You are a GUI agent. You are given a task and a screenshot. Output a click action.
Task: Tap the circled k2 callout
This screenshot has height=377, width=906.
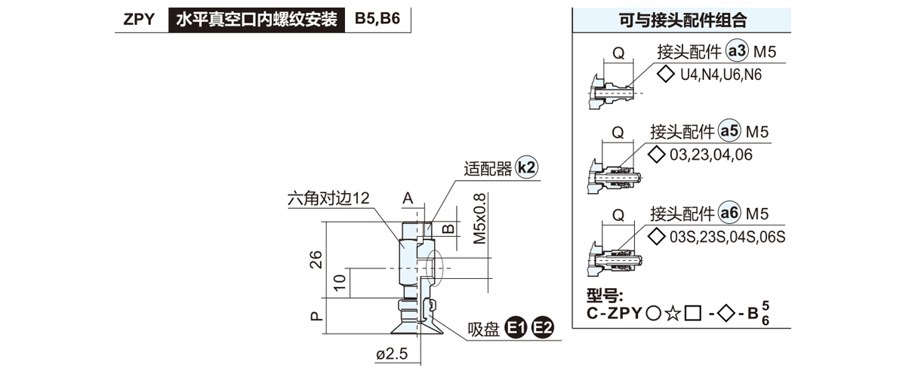528,167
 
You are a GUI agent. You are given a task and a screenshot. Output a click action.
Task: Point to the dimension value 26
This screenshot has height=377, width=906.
317,259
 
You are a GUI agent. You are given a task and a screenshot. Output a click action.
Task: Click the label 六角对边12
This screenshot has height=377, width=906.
328,199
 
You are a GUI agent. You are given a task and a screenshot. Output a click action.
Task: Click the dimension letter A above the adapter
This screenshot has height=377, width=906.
408,198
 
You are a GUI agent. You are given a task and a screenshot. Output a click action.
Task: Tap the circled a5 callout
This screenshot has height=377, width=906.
729,132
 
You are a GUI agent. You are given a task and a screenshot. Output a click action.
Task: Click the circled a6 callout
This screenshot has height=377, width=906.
729,213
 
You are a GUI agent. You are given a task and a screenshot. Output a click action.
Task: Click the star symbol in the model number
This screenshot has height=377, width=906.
671,312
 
